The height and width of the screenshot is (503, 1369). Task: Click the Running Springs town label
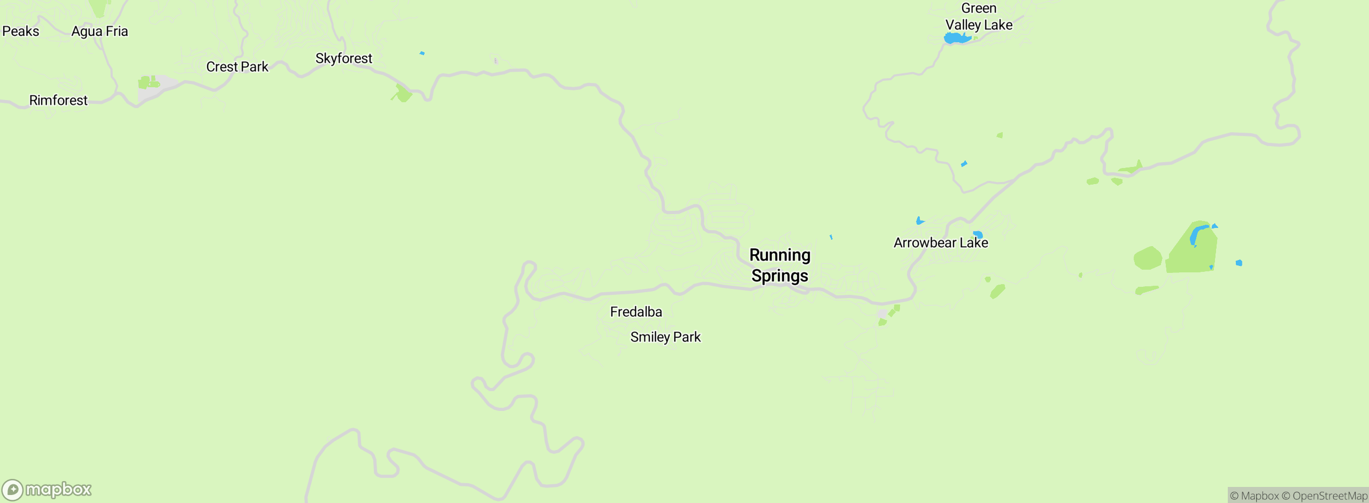780,265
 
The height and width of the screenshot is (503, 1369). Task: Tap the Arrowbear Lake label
941,243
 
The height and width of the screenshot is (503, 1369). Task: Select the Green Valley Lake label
979,17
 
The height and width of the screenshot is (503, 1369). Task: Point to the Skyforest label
343,58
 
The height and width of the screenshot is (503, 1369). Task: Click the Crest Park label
237,67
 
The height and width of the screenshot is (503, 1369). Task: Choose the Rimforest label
58,101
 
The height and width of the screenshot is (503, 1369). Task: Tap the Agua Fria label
99,32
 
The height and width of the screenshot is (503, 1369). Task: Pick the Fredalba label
636,312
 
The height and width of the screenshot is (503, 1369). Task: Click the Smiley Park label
665,337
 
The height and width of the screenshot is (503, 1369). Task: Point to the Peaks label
20,32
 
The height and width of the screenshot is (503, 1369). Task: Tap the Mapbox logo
47,490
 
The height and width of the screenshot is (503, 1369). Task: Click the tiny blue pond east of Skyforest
422,54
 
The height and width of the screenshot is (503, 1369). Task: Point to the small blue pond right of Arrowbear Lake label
978,234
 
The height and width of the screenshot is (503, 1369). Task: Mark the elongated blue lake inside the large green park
1196,235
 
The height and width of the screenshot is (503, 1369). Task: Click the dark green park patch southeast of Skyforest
403,94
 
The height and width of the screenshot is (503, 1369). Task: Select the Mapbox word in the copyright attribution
1259,496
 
